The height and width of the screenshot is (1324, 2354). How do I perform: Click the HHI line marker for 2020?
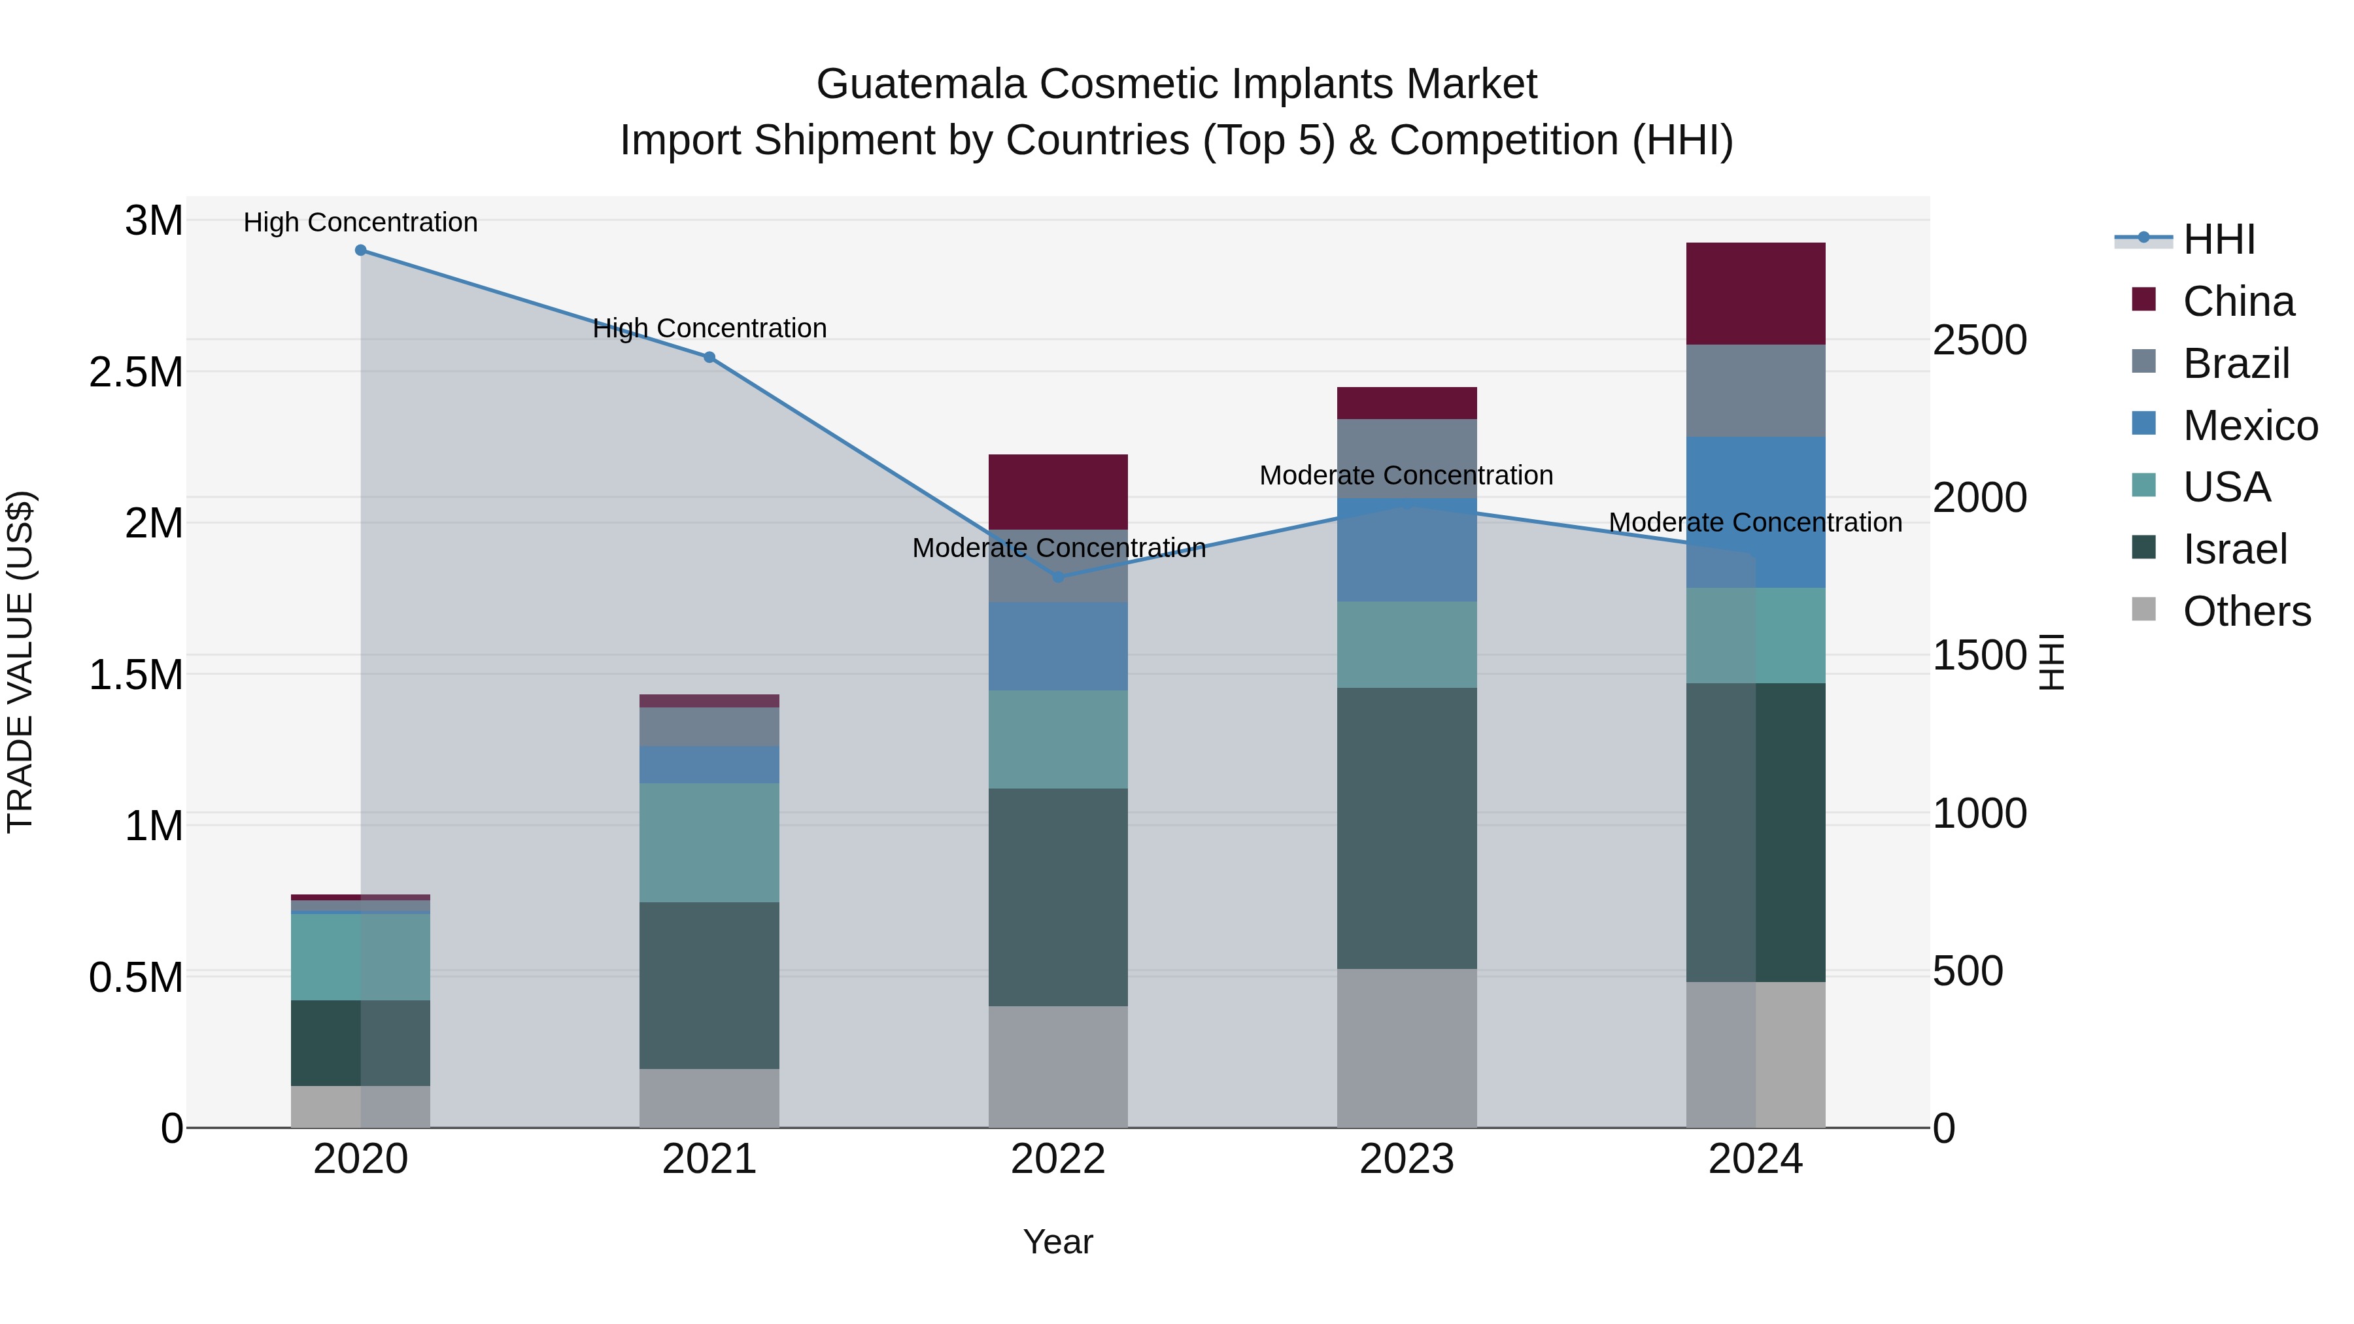(x=360, y=250)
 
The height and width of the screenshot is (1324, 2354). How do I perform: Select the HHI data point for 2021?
(x=709, y=357)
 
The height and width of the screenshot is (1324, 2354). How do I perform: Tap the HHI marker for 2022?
(x=1058, y=577)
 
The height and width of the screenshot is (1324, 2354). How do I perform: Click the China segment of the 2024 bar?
(x=1756, y=294)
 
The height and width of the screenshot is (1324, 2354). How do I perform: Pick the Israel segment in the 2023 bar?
(x=1407, y=828)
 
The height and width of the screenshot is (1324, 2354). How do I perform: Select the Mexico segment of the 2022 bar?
(x=1058, y=646)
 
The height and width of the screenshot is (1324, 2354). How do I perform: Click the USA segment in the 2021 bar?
(x=709, y=843)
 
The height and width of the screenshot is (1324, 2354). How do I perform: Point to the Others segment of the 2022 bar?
(x=1058, y=1066)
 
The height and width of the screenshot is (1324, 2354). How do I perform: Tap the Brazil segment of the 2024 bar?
(x=1756, y=390)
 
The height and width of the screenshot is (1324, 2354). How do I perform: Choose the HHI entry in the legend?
(x=2218, y=239)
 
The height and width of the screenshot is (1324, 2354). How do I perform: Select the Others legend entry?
(x=2246, y=611)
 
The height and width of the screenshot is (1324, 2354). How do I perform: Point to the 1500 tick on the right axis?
(x=1979, y=656)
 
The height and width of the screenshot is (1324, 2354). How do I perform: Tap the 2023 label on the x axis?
(x=1407, y=1159)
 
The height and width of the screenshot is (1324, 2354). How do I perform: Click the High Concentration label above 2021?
(x=709, y=328)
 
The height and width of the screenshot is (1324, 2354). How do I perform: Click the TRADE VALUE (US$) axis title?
(x=20, y=662)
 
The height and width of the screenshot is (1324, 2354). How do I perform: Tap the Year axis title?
(x=1057, y=1242)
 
